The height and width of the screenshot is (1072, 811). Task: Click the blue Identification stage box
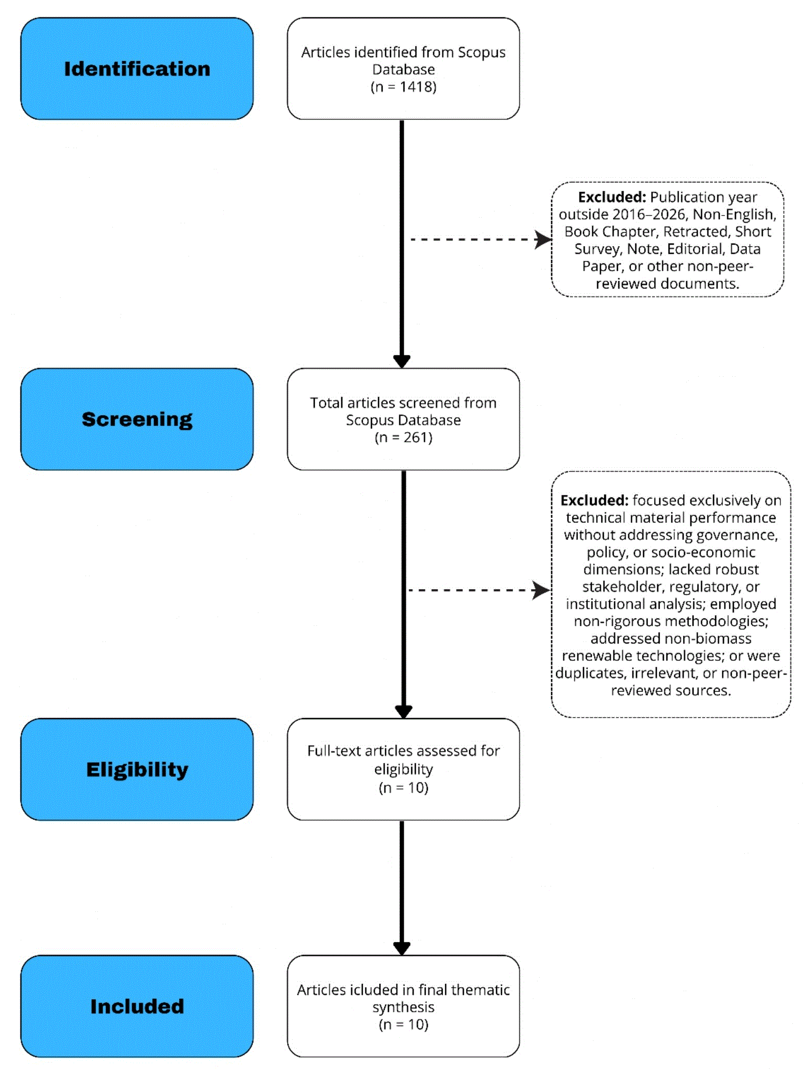pos(137,68)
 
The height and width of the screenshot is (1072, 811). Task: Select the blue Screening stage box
pos(137,419)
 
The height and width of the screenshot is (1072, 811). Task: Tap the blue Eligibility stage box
pos(137,769)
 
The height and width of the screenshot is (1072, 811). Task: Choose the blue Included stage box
pos(137,1006)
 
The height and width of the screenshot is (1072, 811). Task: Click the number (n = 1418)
pos(403,87)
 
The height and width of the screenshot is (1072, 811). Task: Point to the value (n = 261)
pos(403,437)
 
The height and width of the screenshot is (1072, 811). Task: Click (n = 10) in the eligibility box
pos(403,788)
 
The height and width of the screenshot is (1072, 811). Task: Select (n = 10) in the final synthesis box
pos(403,1024)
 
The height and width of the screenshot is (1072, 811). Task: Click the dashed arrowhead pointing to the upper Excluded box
pos(543,239)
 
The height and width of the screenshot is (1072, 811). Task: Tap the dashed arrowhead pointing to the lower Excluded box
pos(542,590)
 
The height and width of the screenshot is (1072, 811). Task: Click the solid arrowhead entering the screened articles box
pos(402,362)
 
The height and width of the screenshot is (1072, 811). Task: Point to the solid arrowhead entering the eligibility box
pos(403,712)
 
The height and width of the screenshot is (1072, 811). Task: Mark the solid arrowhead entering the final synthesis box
pos(402,949)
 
